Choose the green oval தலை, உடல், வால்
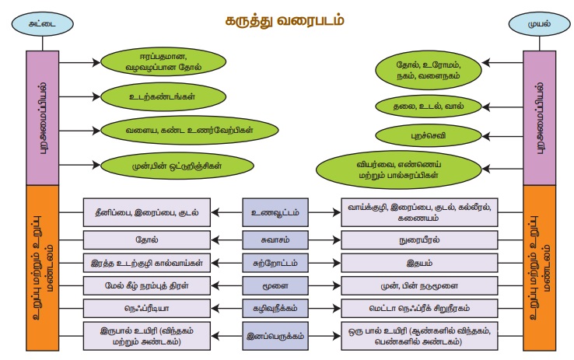pyautogui.click(x=426, y=105)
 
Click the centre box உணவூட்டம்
pyautogui.click(x=274, y=211)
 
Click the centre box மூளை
pyautogui.click(x=274, y=285)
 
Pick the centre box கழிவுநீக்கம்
pyautogui.click(x=274, y=308)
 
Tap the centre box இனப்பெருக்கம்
pyautogui.click(x=274, y=336)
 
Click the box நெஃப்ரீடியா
pyautogui.click(x=146, y=308)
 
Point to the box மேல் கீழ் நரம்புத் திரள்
pyautogui.click(x=146, y=285)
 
